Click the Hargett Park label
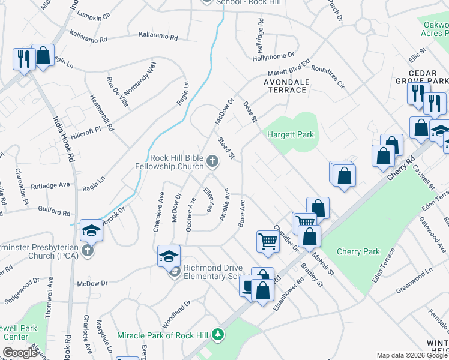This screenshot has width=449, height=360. [x=291, y=135]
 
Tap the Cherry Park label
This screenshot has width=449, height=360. [x=358, y=251]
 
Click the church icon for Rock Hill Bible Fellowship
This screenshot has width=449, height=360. [x=212, y=160]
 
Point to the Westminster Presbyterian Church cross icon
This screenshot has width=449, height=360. [x=88, y=250]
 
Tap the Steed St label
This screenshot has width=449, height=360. [x=226, y=148]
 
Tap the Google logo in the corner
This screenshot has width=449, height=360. [x=20, y=353]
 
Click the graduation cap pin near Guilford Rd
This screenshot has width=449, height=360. [x=91, y=230]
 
